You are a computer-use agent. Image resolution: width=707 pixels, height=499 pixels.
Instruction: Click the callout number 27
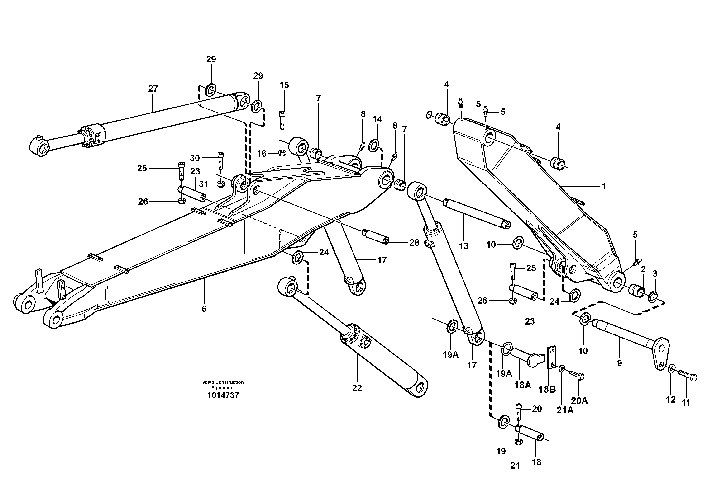153,89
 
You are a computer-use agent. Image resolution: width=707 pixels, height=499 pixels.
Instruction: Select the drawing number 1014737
223,395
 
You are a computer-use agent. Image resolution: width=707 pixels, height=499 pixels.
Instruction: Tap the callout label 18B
547,390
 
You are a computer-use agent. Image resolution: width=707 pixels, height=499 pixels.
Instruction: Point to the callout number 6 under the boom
204,309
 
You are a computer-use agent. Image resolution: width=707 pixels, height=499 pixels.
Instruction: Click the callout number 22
357,388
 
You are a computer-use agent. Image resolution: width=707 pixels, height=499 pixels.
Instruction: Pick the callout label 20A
579,401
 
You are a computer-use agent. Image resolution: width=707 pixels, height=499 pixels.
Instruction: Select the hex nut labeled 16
282,153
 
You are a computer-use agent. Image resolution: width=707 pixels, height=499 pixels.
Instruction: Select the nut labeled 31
220,184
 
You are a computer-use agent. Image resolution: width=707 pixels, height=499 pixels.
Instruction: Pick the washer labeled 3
653,297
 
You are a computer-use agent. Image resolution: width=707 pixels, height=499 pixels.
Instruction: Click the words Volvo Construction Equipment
223,385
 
